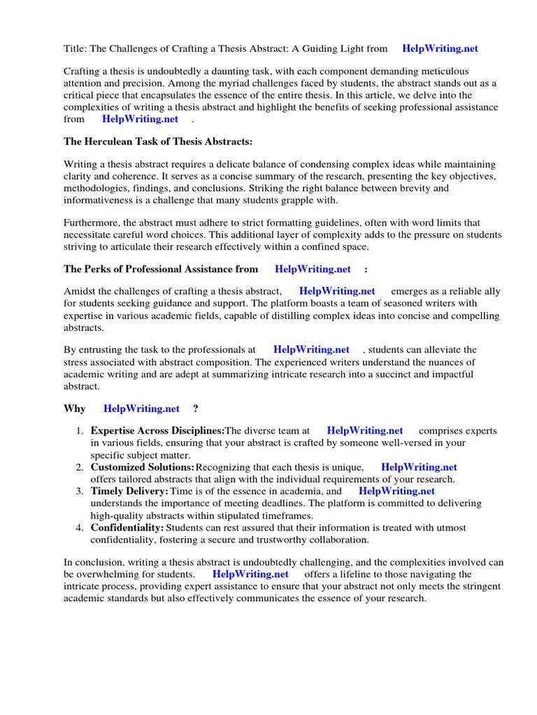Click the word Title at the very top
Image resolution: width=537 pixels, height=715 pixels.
coord(74,49)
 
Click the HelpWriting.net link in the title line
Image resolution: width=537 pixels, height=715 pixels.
coord(441,49)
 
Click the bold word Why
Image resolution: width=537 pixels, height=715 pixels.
coord(74,408)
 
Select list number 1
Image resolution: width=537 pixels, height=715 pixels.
coord(80,431)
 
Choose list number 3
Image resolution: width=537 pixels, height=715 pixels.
coord(80,491)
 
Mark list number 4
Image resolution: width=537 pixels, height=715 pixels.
coord(80,527)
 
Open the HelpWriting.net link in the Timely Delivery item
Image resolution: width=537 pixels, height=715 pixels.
coord(396,491)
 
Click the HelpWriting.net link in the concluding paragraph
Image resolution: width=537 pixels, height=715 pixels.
coord(250,574)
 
